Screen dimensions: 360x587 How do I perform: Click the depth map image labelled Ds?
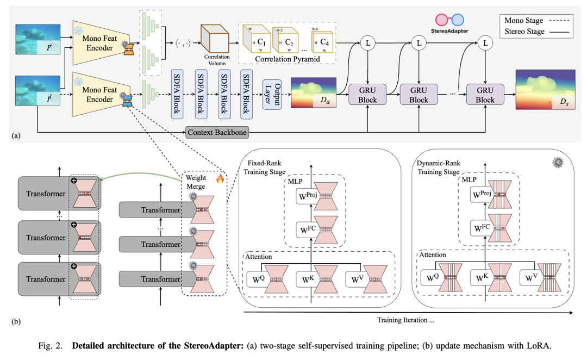pos(545,90)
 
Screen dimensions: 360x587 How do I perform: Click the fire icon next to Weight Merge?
pos(220,178)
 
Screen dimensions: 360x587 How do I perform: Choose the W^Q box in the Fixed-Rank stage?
pos(260,280)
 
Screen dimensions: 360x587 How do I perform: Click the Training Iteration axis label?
pos(406,320)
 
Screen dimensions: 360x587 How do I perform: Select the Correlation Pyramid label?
pos(286,59)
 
